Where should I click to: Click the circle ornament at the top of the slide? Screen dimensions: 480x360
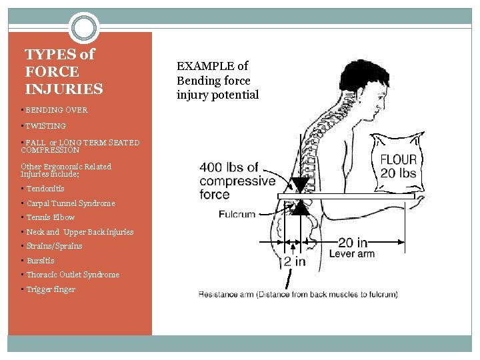[83, 28]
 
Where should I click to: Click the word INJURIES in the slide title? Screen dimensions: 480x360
[64, 89]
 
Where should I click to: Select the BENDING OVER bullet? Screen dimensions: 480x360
[56, 110]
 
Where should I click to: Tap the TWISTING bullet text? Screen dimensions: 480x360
[45, 126]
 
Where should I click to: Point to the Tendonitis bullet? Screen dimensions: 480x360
[45, 189]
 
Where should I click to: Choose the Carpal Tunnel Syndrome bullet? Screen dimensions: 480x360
[71, 203]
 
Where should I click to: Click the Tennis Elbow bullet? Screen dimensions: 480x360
[51, 217]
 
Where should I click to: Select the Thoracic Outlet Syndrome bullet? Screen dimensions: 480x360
[73, 275]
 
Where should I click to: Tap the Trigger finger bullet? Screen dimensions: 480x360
[51, 289]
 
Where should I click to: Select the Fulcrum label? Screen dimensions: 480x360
[237, 214]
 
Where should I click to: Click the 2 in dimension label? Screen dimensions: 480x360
[294, 262]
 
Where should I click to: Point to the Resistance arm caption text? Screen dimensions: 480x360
[298, 294]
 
